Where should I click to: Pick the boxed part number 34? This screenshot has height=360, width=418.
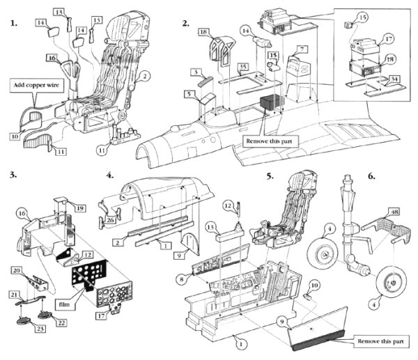(394, 79)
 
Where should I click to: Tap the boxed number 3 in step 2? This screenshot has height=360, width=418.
(199, 72)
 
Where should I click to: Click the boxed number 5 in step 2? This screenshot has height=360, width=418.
(189, 94)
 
